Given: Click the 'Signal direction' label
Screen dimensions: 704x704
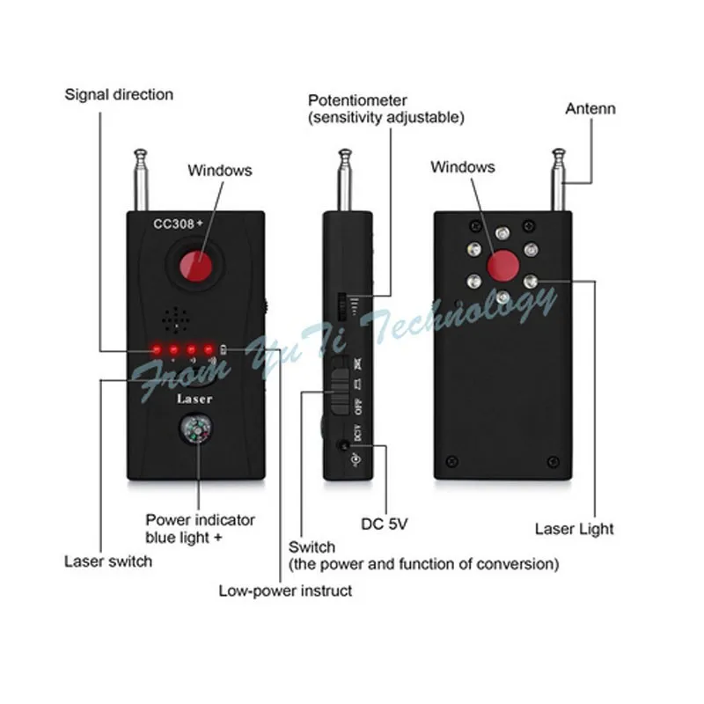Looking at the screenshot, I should [x=119, y=94].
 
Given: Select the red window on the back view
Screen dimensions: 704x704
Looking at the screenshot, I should [x=501, y=262].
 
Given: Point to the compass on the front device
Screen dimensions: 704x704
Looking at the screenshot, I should [x=198, y=433].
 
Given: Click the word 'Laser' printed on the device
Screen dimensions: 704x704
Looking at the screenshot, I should [x=195, y=399].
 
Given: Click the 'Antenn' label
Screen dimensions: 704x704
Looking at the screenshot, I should [x=590, y=109].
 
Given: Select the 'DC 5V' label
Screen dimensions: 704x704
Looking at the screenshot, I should [x=385, y=524].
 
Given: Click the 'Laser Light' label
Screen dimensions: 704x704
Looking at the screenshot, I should [x=575, y=529].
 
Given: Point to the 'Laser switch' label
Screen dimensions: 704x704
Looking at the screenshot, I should [x=108, y=561].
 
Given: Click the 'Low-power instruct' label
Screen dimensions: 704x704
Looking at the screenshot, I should [x=285, y=590].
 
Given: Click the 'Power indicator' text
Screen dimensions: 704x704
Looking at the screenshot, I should [x=200, y=519].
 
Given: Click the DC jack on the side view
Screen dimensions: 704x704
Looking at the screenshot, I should [x=342, y=447].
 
